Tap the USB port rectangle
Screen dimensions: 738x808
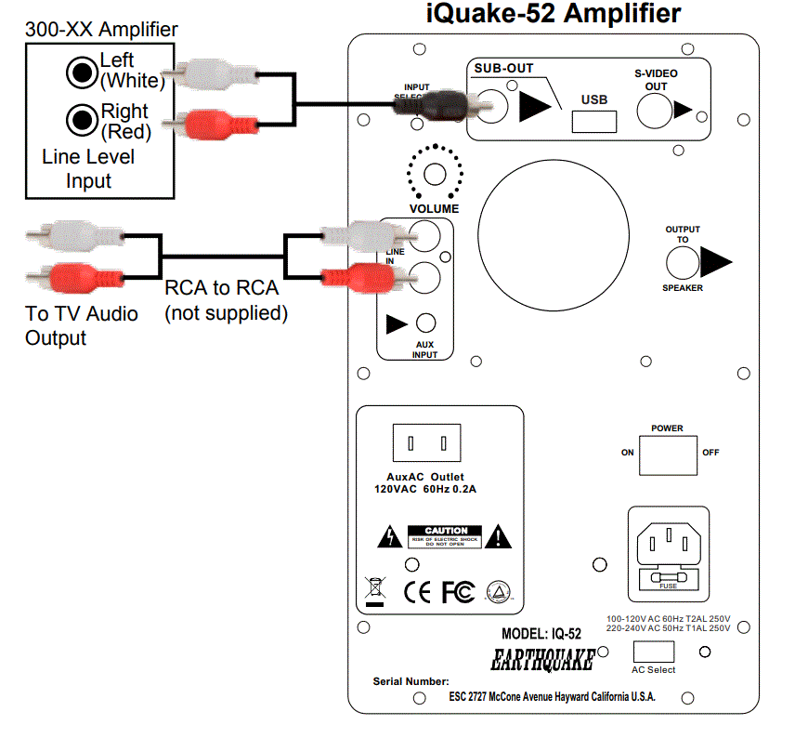594,121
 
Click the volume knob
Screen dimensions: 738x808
435,172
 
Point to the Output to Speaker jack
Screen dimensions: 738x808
683,264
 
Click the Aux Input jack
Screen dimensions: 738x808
425,323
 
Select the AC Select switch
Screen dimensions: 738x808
653,651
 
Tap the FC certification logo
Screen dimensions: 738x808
457,591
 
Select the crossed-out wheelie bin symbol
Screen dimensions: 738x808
374,590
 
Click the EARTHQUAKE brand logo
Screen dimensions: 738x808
541,661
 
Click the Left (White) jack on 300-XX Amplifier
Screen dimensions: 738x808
81,71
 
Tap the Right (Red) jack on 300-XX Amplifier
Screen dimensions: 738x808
81,118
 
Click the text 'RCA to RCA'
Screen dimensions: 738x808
221,288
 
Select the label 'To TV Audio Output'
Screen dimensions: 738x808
82,325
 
